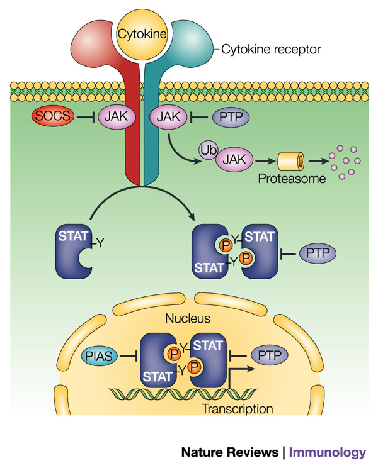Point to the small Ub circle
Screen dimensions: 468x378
click(x=205, y=150)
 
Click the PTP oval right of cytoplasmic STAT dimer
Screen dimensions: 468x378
click(x=316, y=253)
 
